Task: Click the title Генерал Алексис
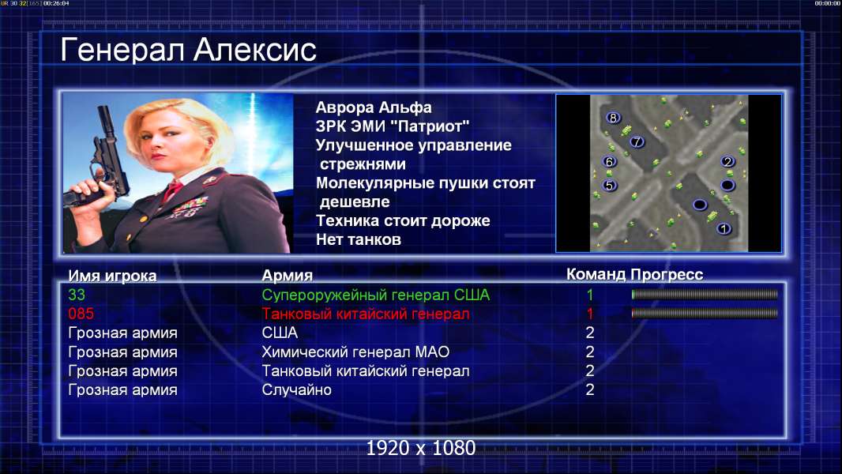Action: [x=188, y=50]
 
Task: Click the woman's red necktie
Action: [x=173, y=190]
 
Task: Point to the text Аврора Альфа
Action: [x=373, y=107]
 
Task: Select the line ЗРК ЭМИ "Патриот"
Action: [x=393, y=126]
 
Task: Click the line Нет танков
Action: [x=358, y=239]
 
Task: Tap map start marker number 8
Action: [x=613, y=118]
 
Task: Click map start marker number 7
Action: [x=637, y=141]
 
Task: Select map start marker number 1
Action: [x=724, y=228]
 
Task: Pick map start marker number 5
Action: [x=609, y=185]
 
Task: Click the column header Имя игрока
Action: [x=112, y=276]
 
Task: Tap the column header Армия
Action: [x=288, y=276]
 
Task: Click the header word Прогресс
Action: [x=667, y=274]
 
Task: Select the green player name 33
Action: [x=77, y=295]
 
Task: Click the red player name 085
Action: [x=81, y=314]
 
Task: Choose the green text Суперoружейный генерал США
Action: [x=375, y=295]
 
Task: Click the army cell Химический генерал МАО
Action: [x=355, y=352]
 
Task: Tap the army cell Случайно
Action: [x=296, y=389]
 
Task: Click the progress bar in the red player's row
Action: [x=705, y=313]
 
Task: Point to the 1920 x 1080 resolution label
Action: [x=421, y=448]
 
